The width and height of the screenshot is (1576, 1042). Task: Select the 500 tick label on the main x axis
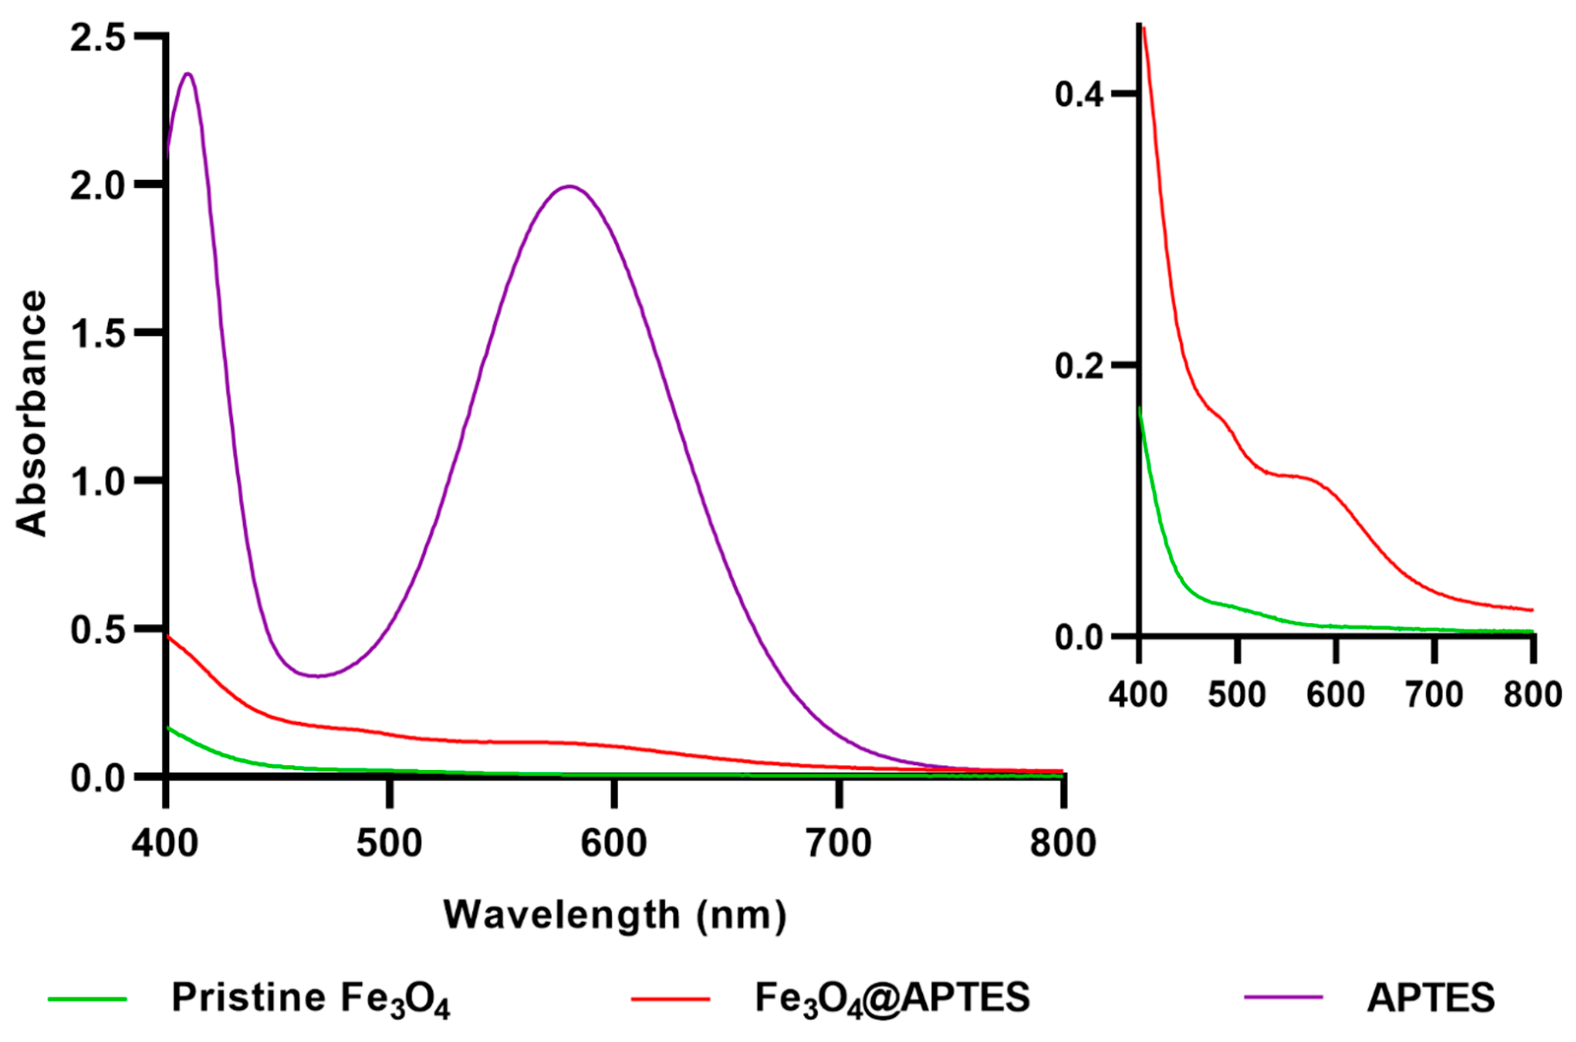pyautogui.click(x=389, y=843)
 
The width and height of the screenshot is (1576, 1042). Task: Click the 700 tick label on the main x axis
pyautogui.click(x=839, y=843)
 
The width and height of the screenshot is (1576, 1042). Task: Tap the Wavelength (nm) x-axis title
pyautogui.click(x=615, y=915)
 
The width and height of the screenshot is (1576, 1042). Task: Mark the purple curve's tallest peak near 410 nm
pyautogui.click(x=188, y=73)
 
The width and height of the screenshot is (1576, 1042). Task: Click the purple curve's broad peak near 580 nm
pyautogui.click(x=569, y=186)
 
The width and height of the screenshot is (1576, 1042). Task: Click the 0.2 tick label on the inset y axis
pyautogui.click(x=1079, y=366)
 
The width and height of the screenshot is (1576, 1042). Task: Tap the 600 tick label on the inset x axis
pyautogui.click(x=1335, y=695)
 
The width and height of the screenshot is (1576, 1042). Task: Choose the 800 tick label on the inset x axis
pyautogui.click(x=1532, y=695)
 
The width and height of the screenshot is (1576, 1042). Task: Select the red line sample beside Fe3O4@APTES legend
pyautogui.click(x=670, y=998)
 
